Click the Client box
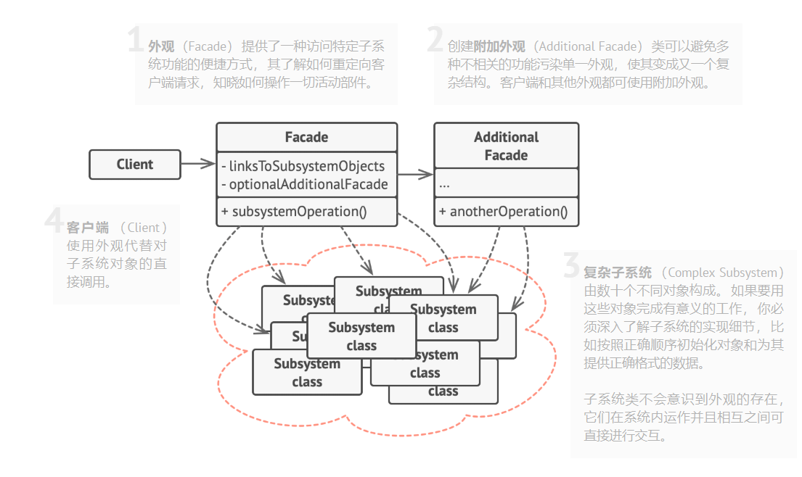134,165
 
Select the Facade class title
306,137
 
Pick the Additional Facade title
506,146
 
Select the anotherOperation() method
502,212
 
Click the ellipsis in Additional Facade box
444,184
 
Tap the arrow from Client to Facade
197,165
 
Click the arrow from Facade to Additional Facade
415,175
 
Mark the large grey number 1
136,41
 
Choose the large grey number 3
572,267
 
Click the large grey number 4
55,222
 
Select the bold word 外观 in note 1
161,46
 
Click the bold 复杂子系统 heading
618,273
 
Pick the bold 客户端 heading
87,228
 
